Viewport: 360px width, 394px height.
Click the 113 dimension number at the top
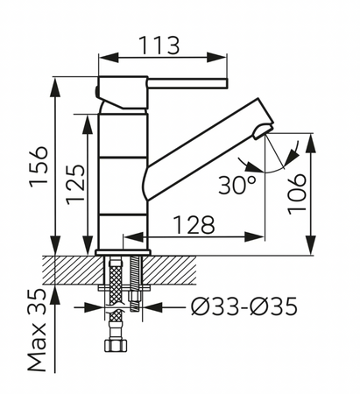pyautogui.click(x=159, y=46)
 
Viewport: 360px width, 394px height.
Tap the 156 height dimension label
pyautogui.click(x=39, y=165)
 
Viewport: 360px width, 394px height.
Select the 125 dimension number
pyautogui.click(x=75, y=185)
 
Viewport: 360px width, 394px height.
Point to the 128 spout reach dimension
pyautogui.click(x=194, y=225)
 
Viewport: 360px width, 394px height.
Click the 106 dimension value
pyautogui.click(x=297, y=194)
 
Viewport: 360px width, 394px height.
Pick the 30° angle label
pyautogui.click(x=237, y=185)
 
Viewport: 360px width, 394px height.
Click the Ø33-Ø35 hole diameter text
pyautogui.click(x=244, y=306)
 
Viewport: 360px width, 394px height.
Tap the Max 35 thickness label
pyautogui.click(x=38, y=330)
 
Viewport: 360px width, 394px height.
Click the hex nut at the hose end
pyautogui.click(x=116, y=345)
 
